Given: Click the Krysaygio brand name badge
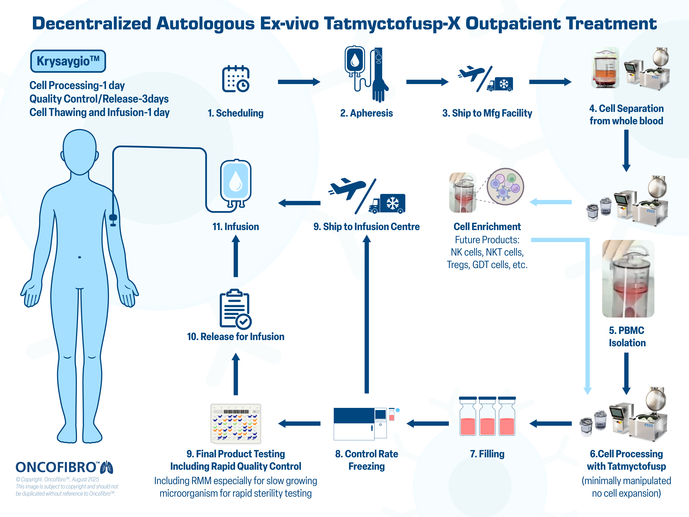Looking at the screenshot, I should [68, 61].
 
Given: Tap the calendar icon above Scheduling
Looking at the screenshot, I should [235, 79].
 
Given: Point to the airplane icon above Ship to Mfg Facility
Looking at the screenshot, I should [470, 74].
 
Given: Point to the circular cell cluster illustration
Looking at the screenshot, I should [505, 186].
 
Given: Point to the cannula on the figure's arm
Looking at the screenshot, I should [113, 219].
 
